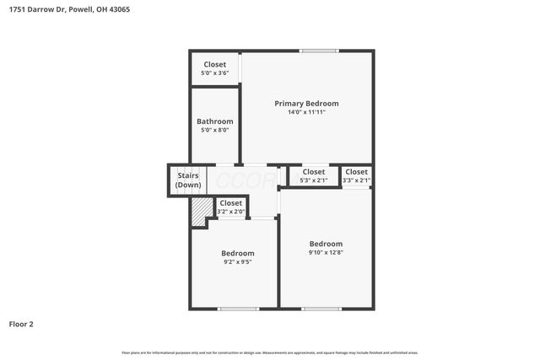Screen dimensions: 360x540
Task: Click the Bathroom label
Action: pos(215,121)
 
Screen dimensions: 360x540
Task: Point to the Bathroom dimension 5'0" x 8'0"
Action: pos(215,131)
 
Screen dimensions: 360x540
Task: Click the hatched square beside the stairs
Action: pos(199,211)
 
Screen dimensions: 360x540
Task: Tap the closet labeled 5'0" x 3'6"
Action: pos(215,73)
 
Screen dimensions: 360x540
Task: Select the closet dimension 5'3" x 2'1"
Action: pos(314,180)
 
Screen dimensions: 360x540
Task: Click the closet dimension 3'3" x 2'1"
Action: pos(356,180)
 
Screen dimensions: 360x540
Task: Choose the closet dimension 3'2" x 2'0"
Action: pos(230,212)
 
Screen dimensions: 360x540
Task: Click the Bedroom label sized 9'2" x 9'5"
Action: pos(238,253)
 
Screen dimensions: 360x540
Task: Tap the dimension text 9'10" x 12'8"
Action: pos(326,252)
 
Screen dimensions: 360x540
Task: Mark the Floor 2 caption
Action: pos(21,324)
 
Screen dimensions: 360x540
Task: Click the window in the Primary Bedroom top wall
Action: pos(315,51)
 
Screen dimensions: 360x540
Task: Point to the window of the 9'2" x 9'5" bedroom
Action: pos(238,309)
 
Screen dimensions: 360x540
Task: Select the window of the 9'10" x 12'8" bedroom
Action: pos(321,309)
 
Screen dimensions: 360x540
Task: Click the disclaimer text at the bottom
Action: pos(270,352)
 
